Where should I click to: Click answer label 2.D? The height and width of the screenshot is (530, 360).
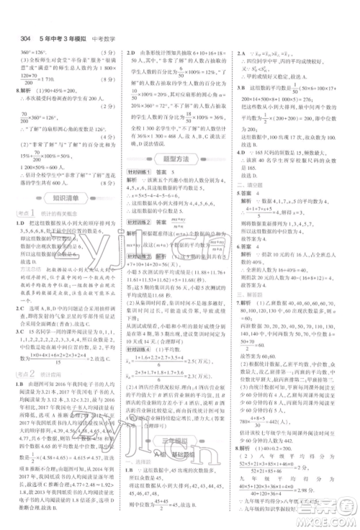tap(132, 53)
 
